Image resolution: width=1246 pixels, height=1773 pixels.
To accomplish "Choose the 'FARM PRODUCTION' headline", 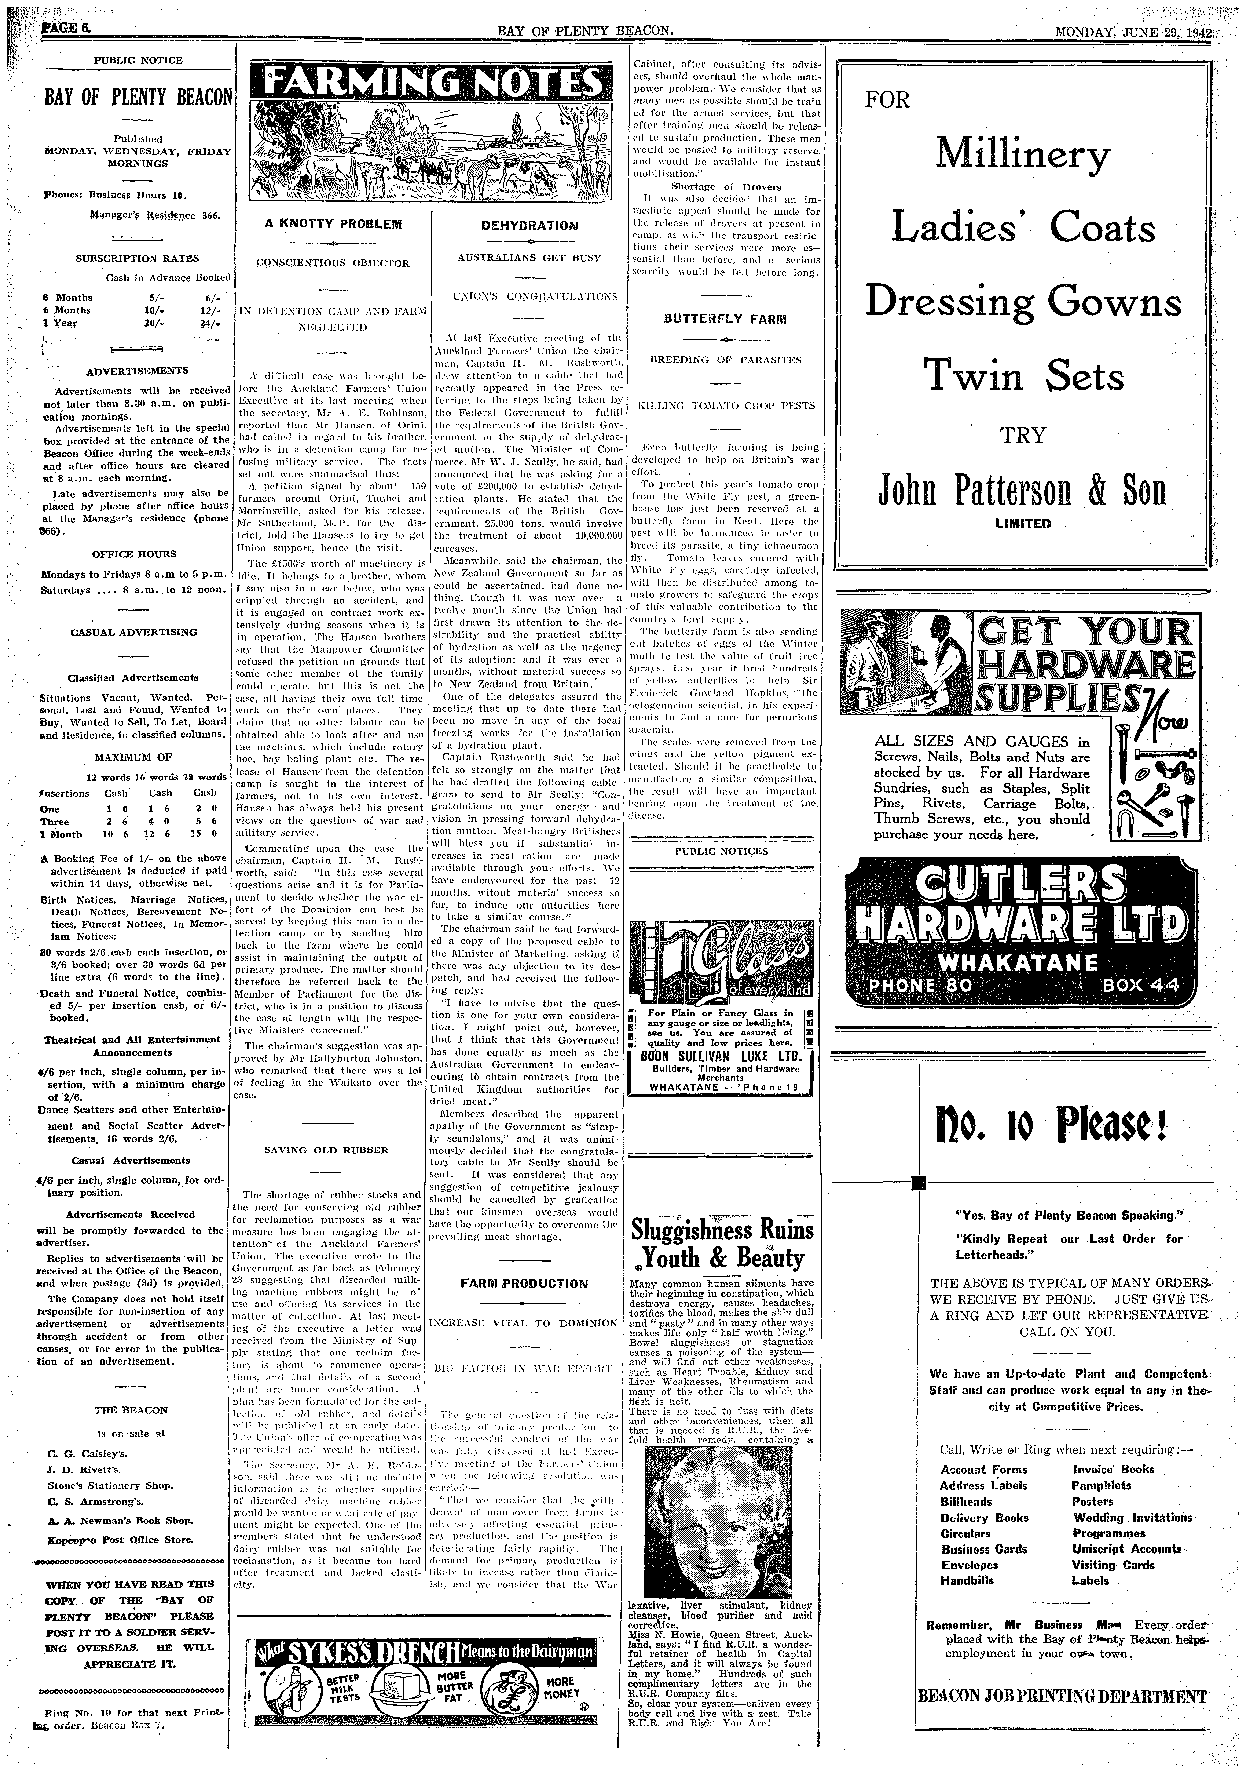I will (523, 1284).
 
